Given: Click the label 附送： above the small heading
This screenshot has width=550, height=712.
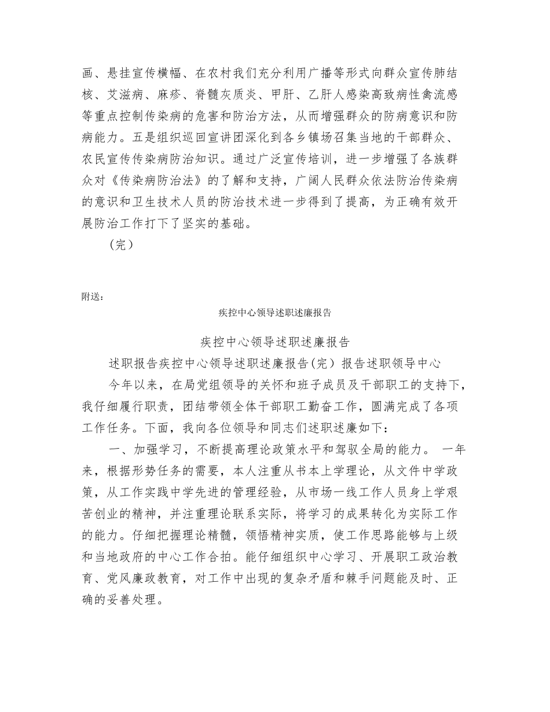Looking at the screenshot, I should click(93, 297).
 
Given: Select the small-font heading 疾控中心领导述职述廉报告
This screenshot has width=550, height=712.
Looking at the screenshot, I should click(274, 313).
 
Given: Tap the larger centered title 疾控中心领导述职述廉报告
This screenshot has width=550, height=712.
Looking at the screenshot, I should click(274, 342).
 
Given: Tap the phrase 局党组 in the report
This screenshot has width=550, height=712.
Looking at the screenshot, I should click(210, 385).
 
